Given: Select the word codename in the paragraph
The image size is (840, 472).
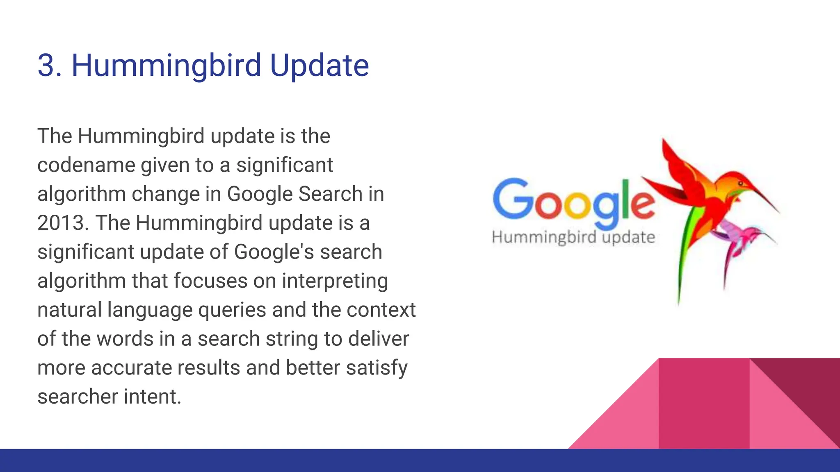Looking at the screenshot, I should click(86, 166).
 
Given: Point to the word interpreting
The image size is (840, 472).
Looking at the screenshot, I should click(335, 281).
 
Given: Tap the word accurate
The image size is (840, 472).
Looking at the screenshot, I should click(131, 368).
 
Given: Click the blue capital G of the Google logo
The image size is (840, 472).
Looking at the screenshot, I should click(512, 198).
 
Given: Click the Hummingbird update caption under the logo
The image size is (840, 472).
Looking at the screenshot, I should click(573, 238).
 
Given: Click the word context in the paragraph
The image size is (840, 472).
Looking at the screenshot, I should click(381, 310).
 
